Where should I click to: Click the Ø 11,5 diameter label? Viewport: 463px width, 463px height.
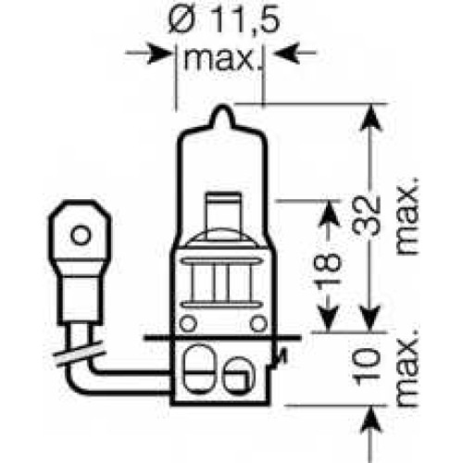(224, 20)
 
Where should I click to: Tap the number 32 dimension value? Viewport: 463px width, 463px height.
(367, 216)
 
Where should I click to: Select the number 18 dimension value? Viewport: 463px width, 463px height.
(329, 266)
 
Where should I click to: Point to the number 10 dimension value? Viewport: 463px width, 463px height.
(367, 368)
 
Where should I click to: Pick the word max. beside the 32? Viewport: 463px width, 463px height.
(407, 216)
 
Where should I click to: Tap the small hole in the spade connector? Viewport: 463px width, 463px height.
(81, 235)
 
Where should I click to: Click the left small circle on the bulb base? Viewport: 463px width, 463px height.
(188, 324)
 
